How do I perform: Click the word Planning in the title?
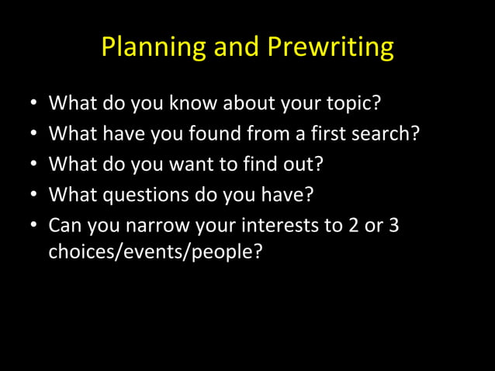pyautogui.click(x=145, y=48)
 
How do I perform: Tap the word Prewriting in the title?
pyautogui.click(x=331, y=48)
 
